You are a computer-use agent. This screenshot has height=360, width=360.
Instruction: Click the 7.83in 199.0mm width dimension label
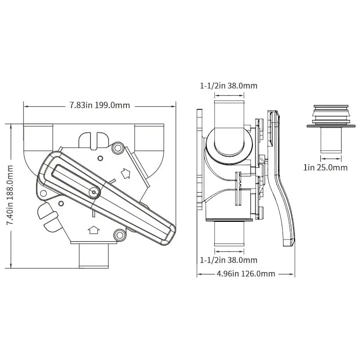pyautogui.click(x=99, y=105)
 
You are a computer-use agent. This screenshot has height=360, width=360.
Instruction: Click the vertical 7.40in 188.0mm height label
pyautogui.click(x=9, y=195)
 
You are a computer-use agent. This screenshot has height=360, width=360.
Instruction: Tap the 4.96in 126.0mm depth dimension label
pyautogui.click(x=246, y=274)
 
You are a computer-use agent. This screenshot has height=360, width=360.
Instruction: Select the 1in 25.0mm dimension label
pyautogui.click(x=325, y=167)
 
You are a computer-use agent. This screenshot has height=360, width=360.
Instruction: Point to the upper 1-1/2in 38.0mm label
pyautogui.click(x=229, y=86)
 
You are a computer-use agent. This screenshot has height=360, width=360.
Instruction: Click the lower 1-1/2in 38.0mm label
pyautogui.click(x=229, y=260)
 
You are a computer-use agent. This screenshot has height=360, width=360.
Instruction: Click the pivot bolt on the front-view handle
pyautogui.click(x=94, y=192)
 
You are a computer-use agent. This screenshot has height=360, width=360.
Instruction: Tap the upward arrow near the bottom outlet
pyautogui.click(x=94, y=229)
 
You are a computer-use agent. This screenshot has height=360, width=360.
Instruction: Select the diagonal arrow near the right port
pyautogui.click(x=126, y=173)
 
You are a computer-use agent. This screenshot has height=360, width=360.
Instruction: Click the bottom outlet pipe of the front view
pyautogui.click(x=94, y=256)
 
